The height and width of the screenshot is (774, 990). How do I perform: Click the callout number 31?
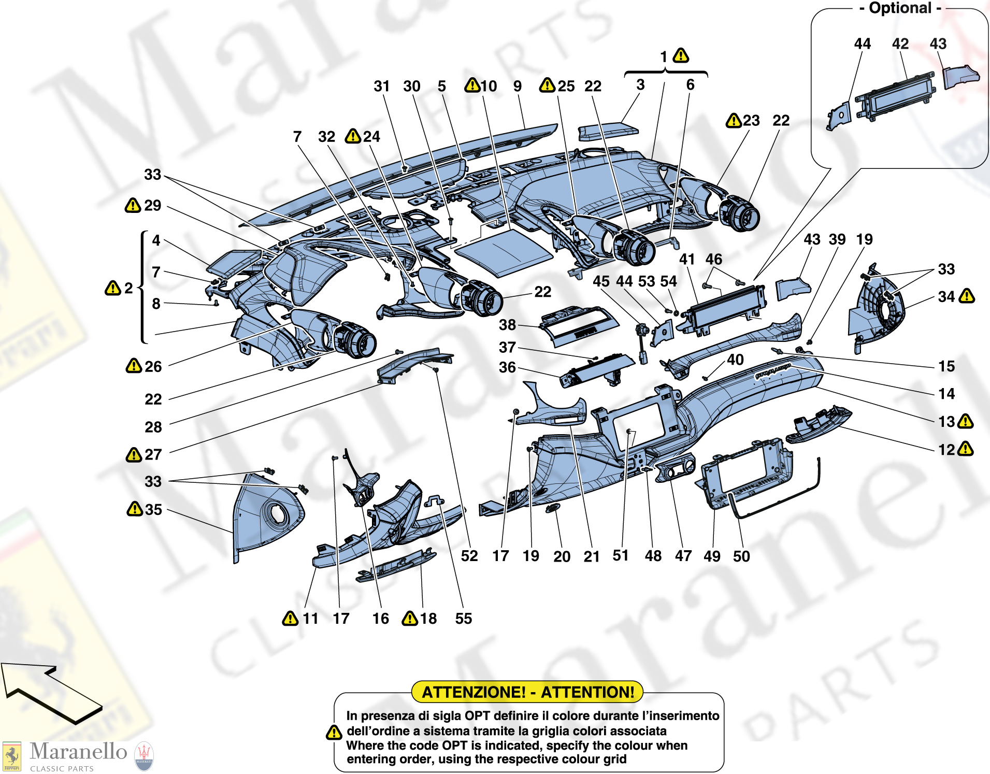click(381, 86)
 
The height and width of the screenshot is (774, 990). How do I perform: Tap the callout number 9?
click(517, 86)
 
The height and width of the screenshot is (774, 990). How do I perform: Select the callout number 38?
click(507, 325)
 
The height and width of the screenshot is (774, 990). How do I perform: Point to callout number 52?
click(469, 556)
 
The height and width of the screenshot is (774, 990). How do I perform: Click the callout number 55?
click(464, 618)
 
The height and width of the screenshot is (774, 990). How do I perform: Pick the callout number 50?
click(741, 556)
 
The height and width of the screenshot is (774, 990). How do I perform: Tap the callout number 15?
click(946, 366)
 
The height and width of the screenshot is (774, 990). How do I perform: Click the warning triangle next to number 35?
click(134, 509)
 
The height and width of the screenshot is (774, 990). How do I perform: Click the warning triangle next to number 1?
click(681, 55)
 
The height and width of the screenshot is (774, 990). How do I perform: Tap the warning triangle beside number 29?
click(133, 206)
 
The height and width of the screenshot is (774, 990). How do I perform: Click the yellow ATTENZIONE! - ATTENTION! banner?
click(527, 692)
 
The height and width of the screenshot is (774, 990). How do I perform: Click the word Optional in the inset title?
click(900, 8)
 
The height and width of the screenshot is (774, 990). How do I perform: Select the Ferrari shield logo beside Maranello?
click(12, 756)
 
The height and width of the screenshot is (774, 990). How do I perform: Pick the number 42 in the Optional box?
click(900, 44)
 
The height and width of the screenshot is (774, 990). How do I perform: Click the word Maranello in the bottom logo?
click(78, 751)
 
